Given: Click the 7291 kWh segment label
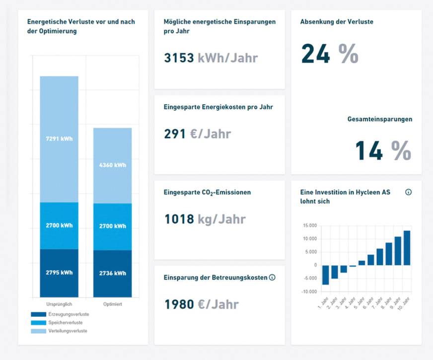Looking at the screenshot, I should click(x=59, y=139).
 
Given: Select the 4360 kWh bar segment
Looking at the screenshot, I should click(x=112, y=165).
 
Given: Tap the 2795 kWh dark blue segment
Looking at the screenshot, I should click(x=59, y=273).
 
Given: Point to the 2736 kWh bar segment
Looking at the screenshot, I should click(x=112, y=273).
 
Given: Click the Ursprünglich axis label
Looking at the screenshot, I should click(x=59, y=303).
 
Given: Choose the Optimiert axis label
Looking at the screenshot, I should click(x=112, y=303).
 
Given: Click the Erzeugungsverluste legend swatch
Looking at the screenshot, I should click(x=39, y=314).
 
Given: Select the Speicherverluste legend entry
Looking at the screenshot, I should click(x=68, y=322).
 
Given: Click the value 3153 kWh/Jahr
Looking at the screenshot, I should click(x=211, y=58).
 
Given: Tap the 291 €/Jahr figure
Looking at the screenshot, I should click(x=197, y=134).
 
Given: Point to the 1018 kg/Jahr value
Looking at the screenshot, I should click(x=205, y=219).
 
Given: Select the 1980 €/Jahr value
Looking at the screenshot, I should click(x=201, y=304).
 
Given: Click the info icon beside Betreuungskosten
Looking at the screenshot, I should click(x=272, y=277).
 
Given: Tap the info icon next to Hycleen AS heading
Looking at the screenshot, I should click(x=408, y=192).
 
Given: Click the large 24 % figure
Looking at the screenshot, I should click(x=329, y=54).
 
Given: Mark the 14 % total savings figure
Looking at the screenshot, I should click(x=383, y=151).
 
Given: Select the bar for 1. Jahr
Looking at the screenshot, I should click(x=325, y=275).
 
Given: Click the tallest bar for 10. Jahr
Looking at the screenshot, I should click(x=407, y=248).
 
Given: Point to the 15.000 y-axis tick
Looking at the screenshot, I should click(x=309, y=226).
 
